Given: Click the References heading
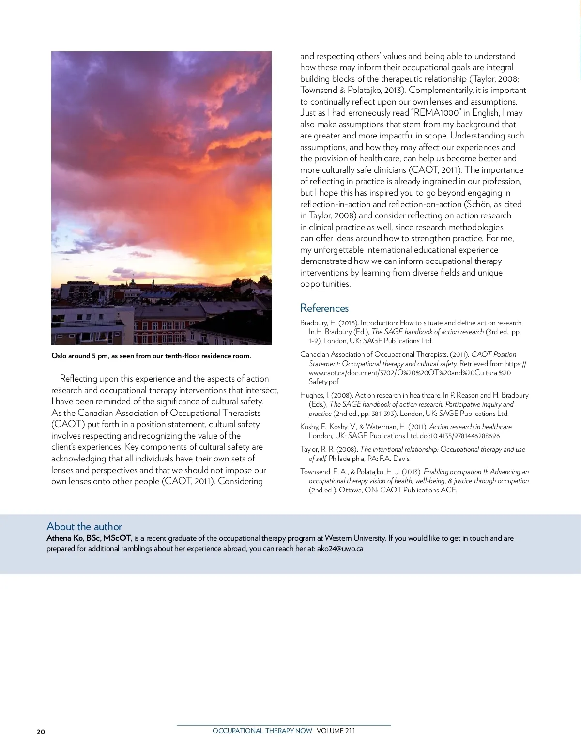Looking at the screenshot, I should (x=324, y=308).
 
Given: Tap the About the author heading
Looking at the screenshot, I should (x=84, y=526).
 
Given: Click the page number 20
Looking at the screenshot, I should (x=41, y=732).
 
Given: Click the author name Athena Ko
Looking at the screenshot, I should (x=65, y=538).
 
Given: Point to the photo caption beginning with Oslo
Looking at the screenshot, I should (x=151, y=356).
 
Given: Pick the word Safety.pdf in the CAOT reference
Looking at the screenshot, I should (x=324, y=382).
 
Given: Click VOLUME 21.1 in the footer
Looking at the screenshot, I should (x=336, y=731).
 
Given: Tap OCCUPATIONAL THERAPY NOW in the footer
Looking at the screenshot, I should (x=262, y=731).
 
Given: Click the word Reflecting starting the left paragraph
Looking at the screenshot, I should (x=78, y=379).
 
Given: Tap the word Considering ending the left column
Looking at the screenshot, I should (x=240, y=481).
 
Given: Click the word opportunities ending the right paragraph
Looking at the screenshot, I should (x=325, y=284).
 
